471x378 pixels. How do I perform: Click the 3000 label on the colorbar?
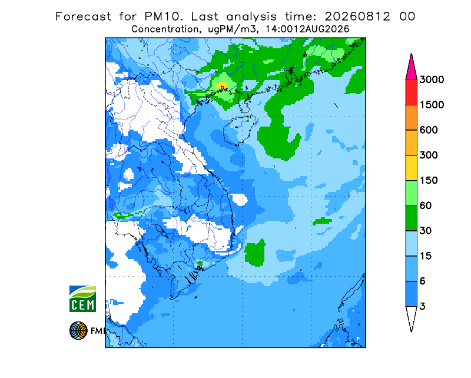432,79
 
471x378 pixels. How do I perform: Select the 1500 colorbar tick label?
432,105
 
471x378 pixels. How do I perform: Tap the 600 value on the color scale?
429,130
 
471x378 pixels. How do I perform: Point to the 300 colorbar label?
429,155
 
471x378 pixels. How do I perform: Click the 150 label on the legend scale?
429,181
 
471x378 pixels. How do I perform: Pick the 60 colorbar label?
426,206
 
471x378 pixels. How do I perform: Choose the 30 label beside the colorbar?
426,231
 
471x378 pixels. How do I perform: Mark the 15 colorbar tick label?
426,256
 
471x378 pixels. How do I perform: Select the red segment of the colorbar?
411,92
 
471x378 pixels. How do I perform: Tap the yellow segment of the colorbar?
411,168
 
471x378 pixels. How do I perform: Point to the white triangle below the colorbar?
411,316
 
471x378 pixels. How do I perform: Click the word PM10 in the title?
163,16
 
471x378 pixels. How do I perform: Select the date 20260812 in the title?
357,16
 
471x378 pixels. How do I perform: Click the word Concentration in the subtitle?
165,29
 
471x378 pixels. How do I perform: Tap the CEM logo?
82,299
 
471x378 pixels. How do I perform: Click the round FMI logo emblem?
78,331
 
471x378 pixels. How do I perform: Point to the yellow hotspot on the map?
222,85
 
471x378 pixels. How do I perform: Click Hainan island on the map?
240,130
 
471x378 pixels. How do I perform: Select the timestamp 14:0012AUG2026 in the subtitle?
307,29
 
